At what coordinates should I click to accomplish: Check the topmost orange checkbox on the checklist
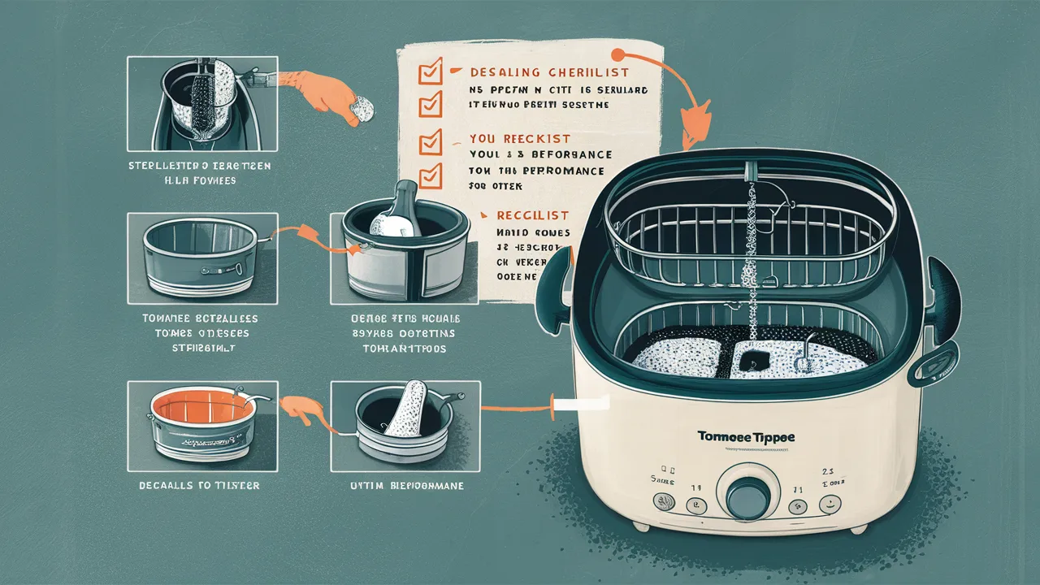click(x=429, y=74)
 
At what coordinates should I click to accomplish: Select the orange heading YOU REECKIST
click(x=520, y=139)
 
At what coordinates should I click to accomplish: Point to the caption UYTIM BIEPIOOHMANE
click(x=405, y=485)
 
